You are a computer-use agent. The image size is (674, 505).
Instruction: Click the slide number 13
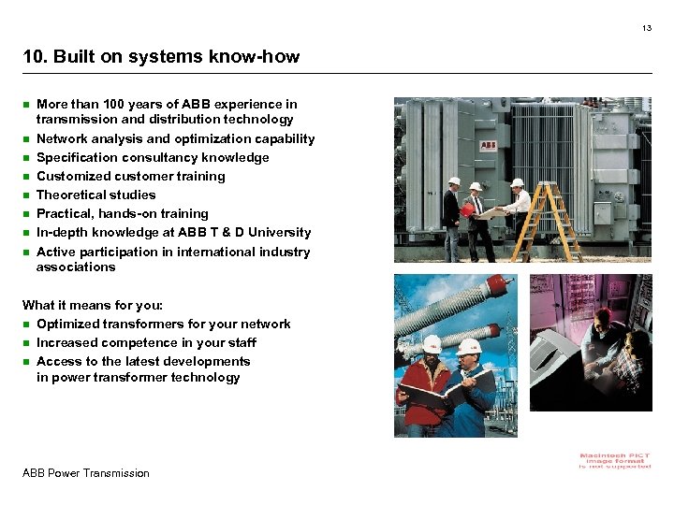click(646, 29)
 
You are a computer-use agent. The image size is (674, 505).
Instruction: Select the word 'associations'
click(76, 267)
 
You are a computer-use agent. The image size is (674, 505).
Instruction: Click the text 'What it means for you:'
click(93, 305)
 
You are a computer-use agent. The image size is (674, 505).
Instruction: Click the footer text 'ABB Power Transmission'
click(85, 473)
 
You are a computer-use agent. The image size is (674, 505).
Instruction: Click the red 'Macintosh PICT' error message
click(615, 460)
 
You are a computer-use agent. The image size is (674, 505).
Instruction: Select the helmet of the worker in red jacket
click(432, 345)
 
